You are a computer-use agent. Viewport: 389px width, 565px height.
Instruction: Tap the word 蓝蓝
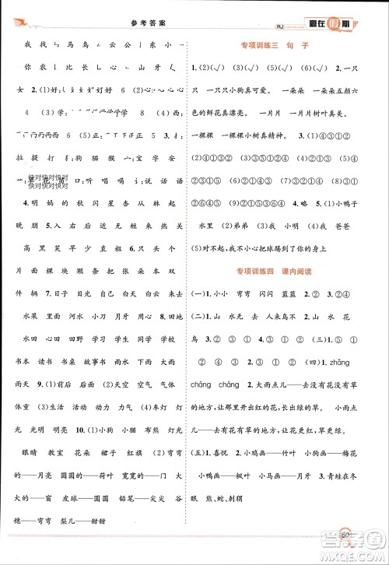point(296,297)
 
